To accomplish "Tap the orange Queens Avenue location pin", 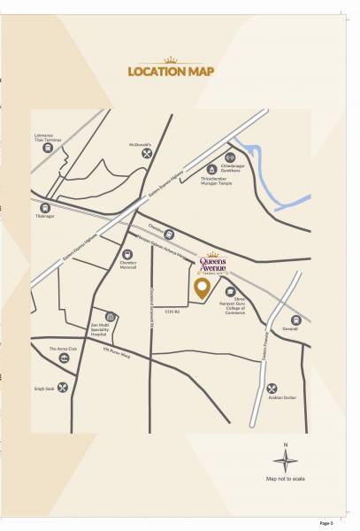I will pyautogui.click(x=202, y=287).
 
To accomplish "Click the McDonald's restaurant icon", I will pyautogui.click(x=147, y=153).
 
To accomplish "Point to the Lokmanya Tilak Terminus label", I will pyautogui.click(x=44, y=138).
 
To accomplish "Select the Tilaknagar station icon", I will pyautogui.click(x=45, y=207).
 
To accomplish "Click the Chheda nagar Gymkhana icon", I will pyautogui.click(x=230, y=157).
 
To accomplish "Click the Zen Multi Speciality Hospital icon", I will pyautogui.click(x=111, y=316).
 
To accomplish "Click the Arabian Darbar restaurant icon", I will pyautogui.click(x=272, y=388).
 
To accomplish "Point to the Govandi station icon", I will pyautogui.click(x=295, y=319).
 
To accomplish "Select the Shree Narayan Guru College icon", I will pyautogui.click(x=231, y=291).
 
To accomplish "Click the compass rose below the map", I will pyautogui.click(x=285, y=460).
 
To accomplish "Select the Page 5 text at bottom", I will pyautogui.click(x=327, y=524).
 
